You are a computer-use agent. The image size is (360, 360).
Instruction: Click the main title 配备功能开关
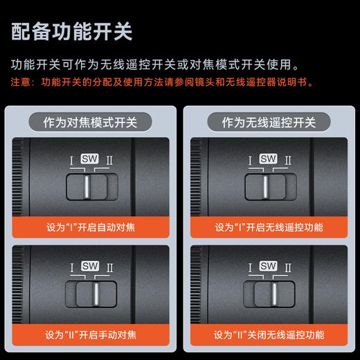click(72, 31)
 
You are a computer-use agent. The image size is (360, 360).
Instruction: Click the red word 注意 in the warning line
click(20, 82)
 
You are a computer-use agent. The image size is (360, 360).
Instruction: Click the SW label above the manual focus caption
click(89, 265)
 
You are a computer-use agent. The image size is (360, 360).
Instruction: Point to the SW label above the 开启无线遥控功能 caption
click(268, 159)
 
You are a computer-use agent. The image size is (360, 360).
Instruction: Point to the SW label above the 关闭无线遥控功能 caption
click(268, 265)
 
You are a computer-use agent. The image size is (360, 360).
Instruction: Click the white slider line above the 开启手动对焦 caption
click(93, 294)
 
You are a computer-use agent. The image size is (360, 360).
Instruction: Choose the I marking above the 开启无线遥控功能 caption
click(249, 161)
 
